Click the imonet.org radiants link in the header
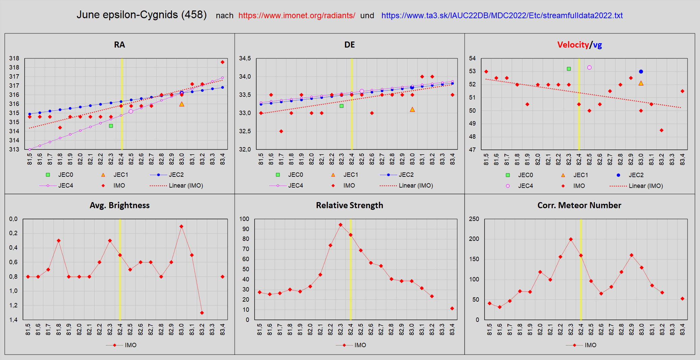(296, 16)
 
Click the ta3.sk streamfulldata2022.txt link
(502, 16)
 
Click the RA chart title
(119, 45)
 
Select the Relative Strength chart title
(349, 205)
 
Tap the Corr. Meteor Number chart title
(579, 205)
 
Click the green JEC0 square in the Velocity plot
(569, 69)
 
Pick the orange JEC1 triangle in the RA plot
(182, 104)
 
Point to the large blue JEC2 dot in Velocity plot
(641, 72)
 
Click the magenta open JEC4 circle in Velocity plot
(589, 67)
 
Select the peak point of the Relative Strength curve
(341, 225)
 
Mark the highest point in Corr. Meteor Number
(571, 239)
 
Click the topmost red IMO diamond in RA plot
(223, 62)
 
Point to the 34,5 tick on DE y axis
(245, 58)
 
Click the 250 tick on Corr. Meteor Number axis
(474, 219)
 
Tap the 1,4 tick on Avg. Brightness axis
(13, 320)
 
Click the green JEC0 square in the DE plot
(342, 106)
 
